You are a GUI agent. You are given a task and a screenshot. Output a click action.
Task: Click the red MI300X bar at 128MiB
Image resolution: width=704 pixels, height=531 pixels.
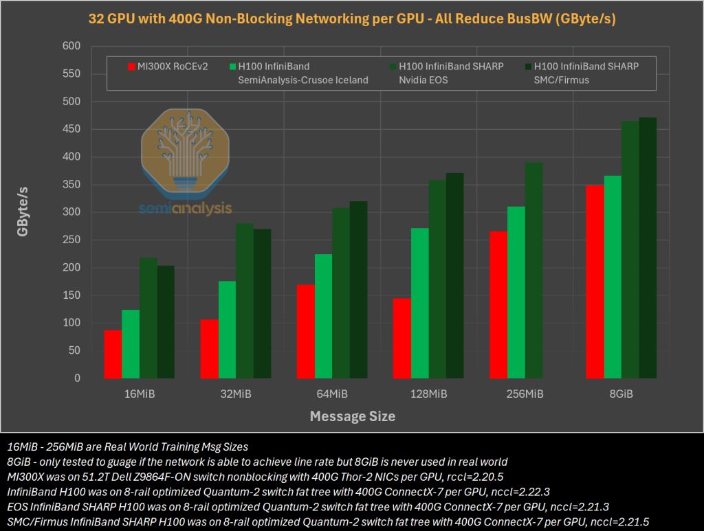(401, 338)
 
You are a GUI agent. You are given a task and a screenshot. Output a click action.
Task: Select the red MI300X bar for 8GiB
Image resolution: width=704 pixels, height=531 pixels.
(595, 282)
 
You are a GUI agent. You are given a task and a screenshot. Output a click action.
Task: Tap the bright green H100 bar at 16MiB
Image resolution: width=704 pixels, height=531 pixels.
(131, 343)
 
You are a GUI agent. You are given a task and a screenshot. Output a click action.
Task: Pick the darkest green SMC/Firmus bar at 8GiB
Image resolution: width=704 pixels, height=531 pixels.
(648, 247)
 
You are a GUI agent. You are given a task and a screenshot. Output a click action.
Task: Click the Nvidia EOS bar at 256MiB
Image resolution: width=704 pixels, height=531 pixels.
(533, 270)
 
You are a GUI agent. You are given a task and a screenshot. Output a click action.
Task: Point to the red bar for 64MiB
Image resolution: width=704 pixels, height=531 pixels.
(305, 331)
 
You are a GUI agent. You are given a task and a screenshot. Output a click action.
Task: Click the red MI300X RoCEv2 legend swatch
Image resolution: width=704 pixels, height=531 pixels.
(131, 67)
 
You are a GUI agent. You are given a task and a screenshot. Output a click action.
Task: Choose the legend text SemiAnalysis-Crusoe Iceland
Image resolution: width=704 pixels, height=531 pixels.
(303, 80)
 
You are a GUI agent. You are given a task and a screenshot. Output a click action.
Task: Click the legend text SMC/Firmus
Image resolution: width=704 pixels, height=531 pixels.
(563, 80)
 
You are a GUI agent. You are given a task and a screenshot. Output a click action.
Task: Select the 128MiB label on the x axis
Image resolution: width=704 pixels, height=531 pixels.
(428, 394)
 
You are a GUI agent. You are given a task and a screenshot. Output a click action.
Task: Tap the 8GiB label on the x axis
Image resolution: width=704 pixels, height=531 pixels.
(621, 394)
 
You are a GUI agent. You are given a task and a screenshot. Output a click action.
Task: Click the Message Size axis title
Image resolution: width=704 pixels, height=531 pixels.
(352, 416)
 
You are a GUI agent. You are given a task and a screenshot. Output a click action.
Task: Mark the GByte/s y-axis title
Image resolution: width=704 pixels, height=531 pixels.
(23, 212)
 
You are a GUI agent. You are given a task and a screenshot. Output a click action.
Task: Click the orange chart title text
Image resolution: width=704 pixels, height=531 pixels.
(352, 19)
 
